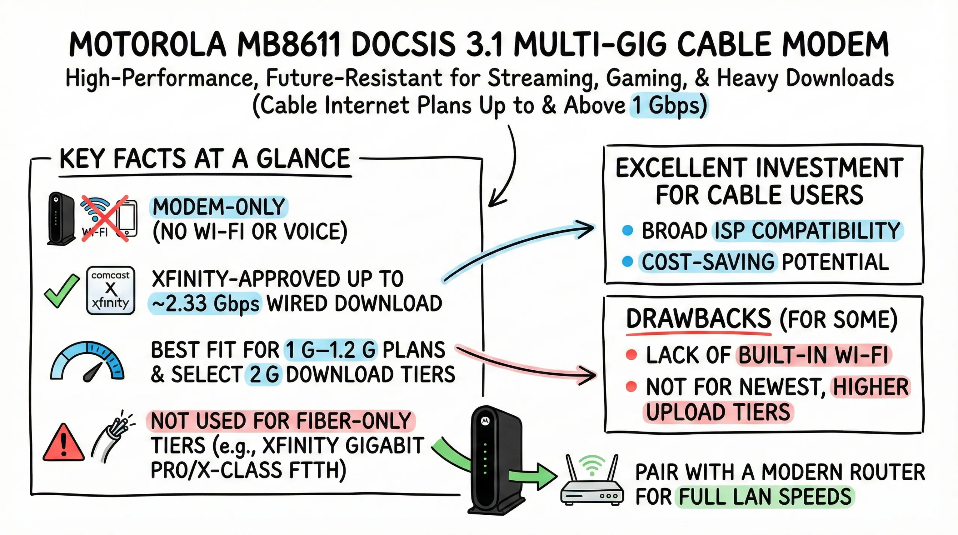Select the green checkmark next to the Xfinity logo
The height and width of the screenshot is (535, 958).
pyautogui.click(x=61, y=291)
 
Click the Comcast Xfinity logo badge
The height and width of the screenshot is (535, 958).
pyautogui.click(x=110, y=291)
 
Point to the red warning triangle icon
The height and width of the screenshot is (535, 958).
pyautogui.click(x=63, y=443)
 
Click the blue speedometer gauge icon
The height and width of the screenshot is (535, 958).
pyautogui.click(x=87, y=362)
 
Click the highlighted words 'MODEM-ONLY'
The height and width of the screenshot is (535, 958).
pyautogui.click(x=219, y=207)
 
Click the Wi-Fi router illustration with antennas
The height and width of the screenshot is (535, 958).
pyautogui.click(x=592, y=483)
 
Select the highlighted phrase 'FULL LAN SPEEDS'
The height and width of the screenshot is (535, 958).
pyautogui.click(x=765, y=497)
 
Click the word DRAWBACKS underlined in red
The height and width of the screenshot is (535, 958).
pyautogui.click(x=698, y=319)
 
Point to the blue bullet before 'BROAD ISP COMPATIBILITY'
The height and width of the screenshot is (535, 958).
pyautogui.click(x=628, y=230)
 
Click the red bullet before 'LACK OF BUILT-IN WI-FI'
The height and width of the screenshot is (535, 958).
pyautogui.click(x=631, y=354)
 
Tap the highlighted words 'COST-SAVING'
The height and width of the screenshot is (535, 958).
pyautogui.click(x=708, y=262)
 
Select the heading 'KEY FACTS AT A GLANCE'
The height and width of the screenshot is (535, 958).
pyautogui.click(x=205, y=159)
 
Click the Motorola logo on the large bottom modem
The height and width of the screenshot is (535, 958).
pyautogui.click(x=485, y=421)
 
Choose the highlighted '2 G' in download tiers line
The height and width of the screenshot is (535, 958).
pyautogui.click(x=264, y=374)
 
